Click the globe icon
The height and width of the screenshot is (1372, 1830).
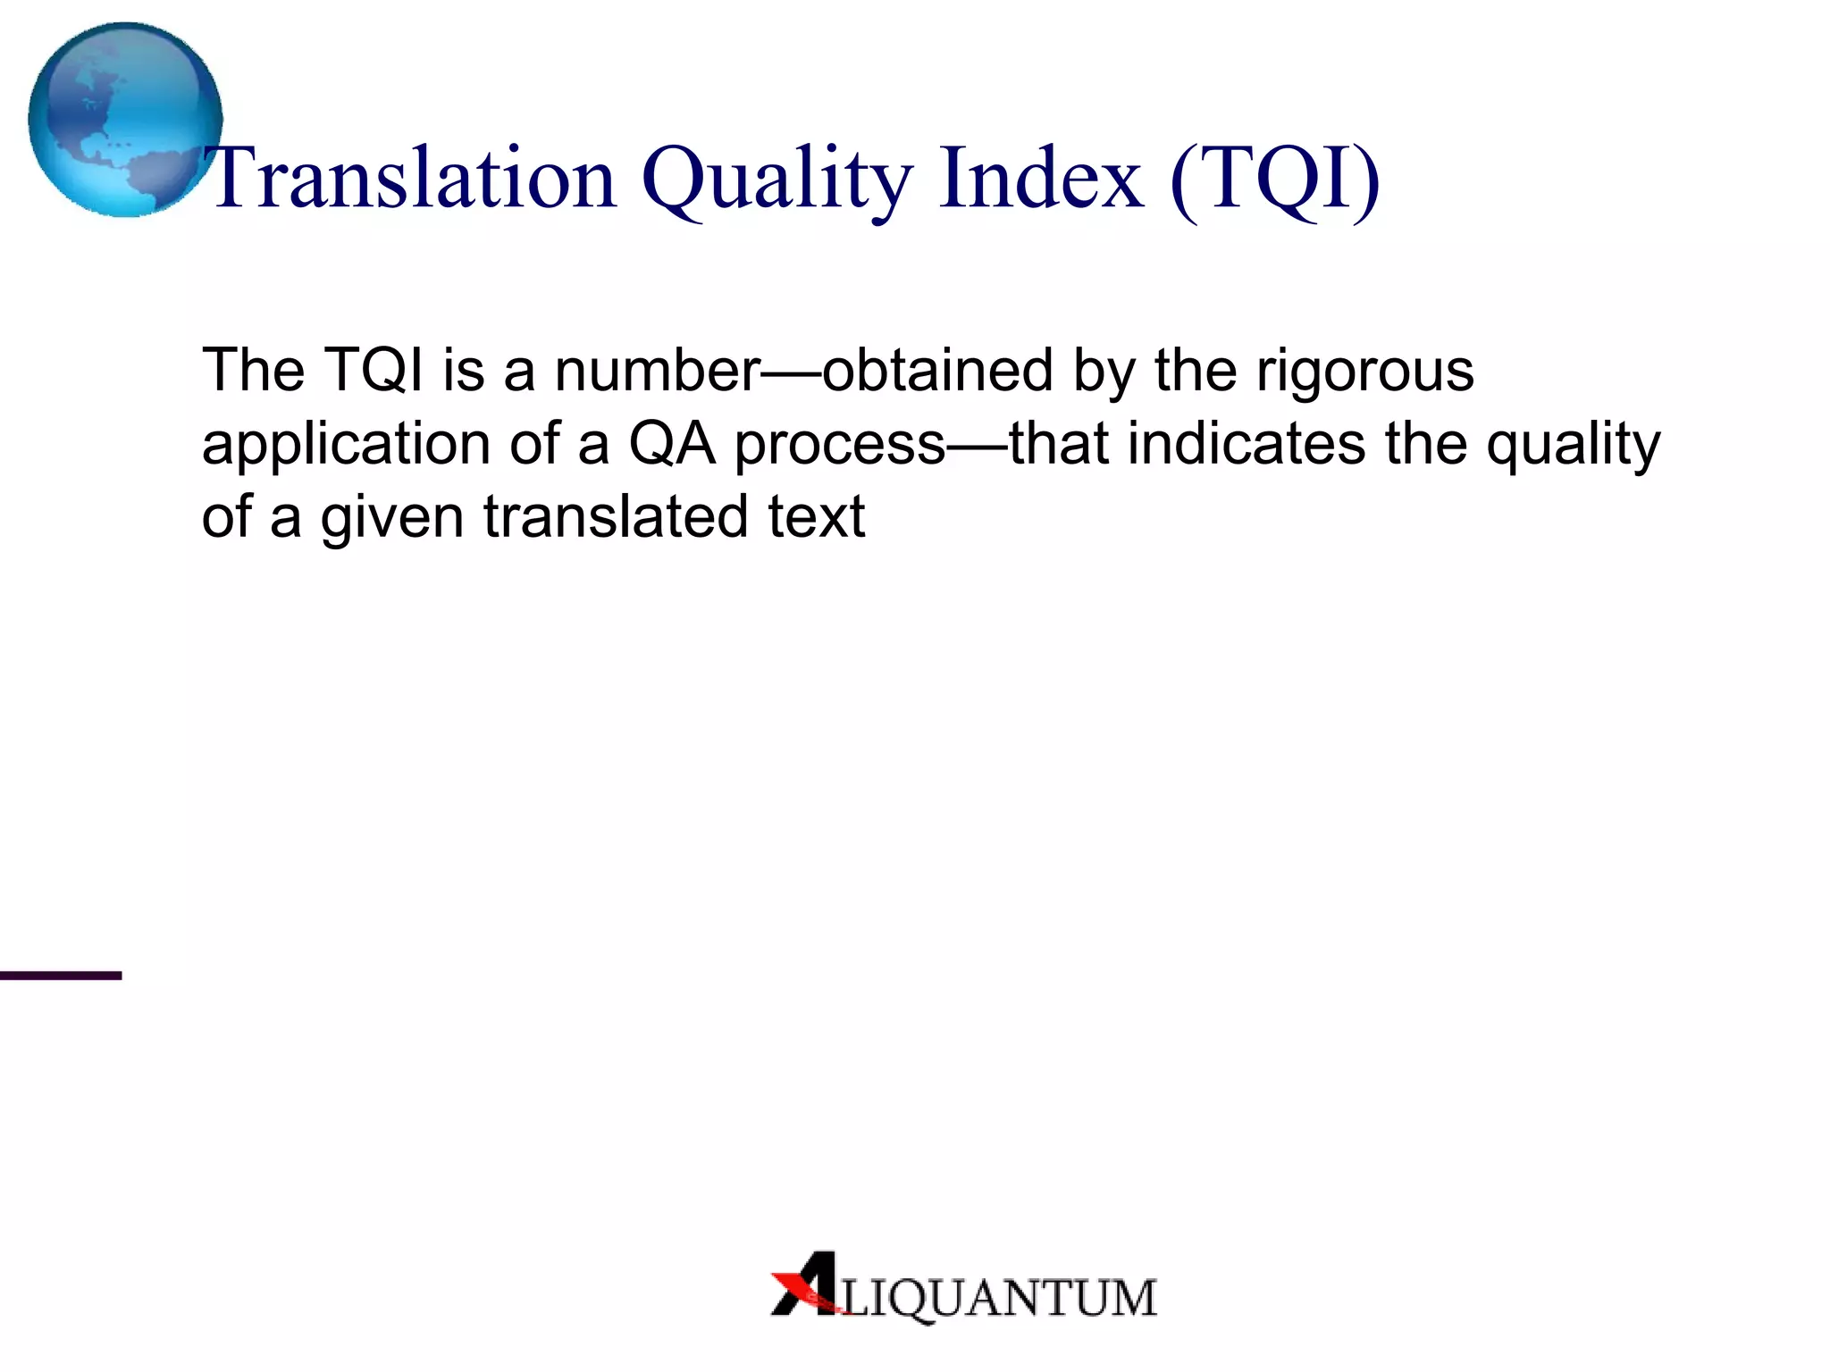tap(125, 120)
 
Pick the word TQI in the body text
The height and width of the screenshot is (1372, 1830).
tap(374, 370)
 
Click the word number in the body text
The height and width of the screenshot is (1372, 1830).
tap(657, 370)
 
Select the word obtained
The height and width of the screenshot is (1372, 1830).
tap(937, 370)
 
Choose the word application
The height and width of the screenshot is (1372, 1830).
tap(346, 445)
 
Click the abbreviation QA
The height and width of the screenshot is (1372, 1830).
tap(672, 443)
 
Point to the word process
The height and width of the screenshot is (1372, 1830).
tap(839, 445)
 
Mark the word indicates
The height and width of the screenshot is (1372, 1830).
tap(1247, 443)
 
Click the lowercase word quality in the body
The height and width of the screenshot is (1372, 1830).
tap(1573, 445)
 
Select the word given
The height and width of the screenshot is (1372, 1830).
tap(391, 518)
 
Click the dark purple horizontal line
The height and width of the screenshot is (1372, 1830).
tap(61, 975)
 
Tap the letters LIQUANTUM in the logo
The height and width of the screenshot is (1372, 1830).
tap(999, 1298)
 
